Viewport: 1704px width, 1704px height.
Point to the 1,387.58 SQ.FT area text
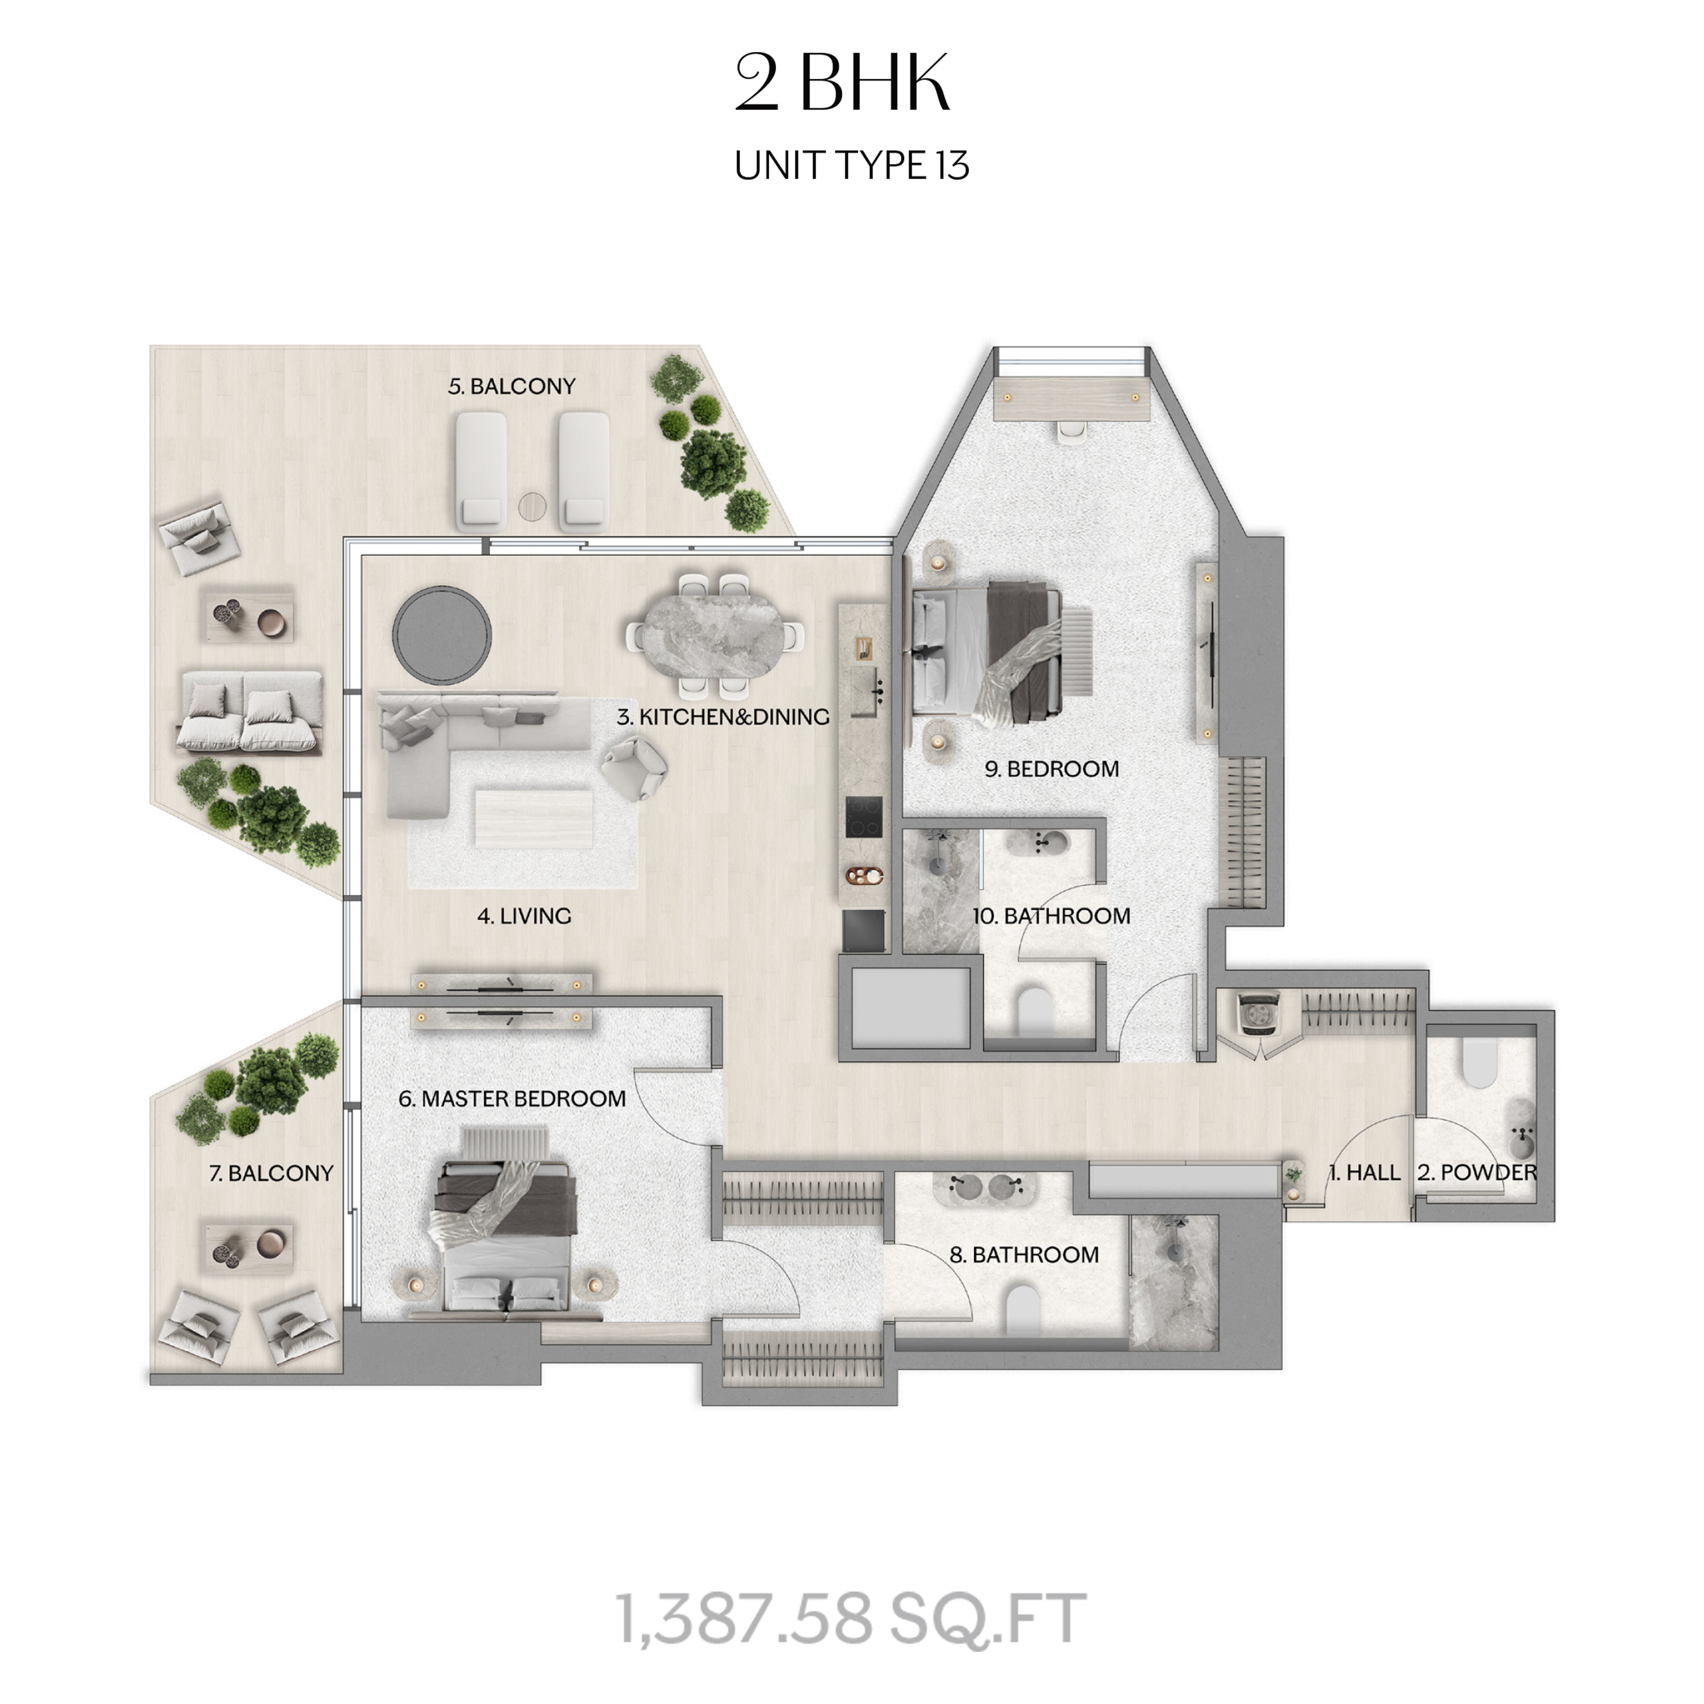[852, 1618]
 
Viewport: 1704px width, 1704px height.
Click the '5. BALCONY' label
[512, 386]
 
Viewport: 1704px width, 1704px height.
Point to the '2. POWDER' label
[1477, 1172]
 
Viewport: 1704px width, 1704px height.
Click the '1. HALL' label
[1365, 1172]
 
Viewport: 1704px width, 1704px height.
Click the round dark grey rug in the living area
[442, 634]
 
